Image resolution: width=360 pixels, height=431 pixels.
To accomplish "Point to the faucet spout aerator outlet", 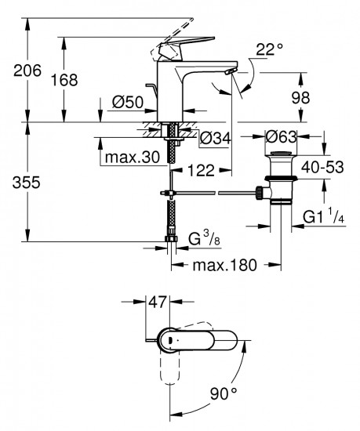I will click(x=228, y=74).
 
